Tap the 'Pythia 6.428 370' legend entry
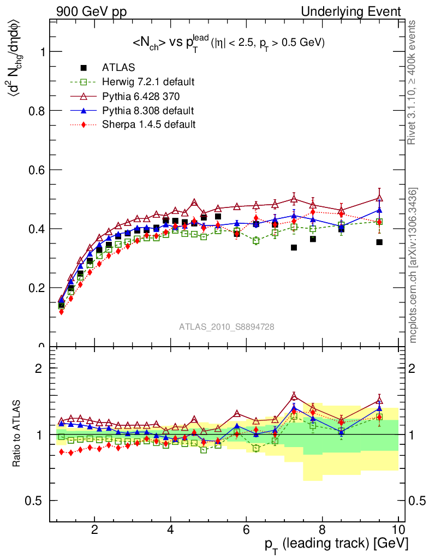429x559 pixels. [141, 96]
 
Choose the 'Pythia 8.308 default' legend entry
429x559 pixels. [148, 110]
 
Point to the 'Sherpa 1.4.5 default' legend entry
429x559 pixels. [148, 124]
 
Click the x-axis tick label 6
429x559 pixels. [247, 530]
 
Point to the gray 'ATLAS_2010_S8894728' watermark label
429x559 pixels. [227, 327]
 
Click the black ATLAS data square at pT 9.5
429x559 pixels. [379, 242]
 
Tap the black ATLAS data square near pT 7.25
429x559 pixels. [294, 247]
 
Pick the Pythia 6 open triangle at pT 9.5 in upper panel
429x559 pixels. [379, 198]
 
